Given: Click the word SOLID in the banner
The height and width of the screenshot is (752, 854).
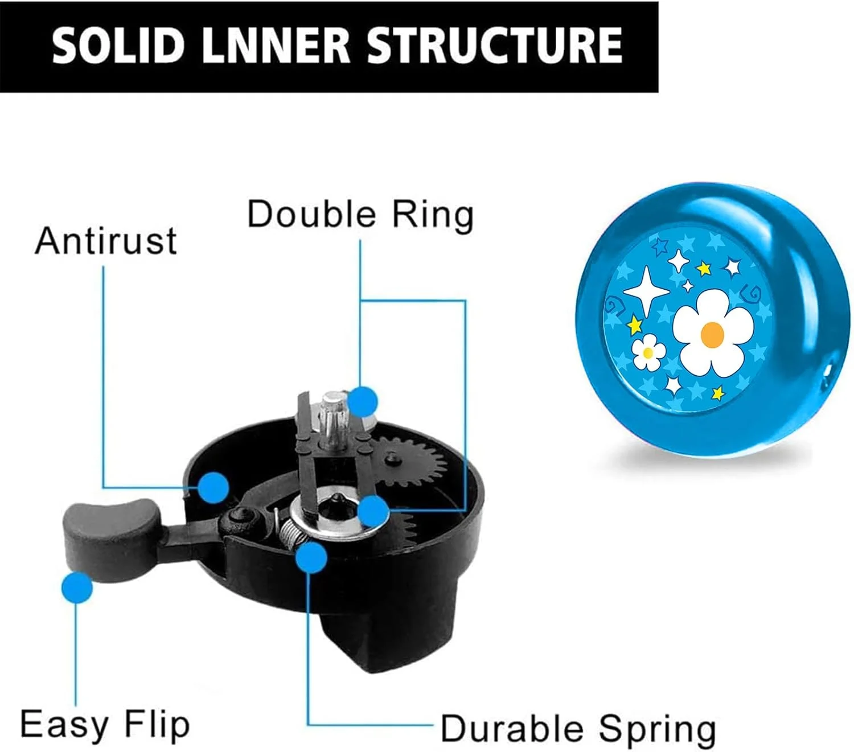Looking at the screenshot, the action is pos(118,46).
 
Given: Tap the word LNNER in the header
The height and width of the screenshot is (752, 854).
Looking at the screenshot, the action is pos(276,46).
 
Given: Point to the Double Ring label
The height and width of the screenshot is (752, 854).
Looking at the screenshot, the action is pos(360,215).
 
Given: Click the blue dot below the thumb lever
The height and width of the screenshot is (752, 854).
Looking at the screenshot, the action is pos(77,587).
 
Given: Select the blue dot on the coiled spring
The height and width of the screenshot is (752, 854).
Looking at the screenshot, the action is pos(311,557).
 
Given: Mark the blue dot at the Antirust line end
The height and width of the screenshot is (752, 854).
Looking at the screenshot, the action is pos(213,488).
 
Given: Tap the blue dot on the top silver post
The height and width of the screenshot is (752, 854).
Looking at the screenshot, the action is pos(363,401).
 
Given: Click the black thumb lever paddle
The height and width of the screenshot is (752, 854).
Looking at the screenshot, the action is pos(109,540).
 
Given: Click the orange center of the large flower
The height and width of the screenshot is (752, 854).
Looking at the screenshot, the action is pos(712,335).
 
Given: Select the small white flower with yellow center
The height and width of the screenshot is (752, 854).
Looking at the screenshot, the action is pos(648,352).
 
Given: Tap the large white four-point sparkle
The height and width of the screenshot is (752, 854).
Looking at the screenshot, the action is pos(646,291).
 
